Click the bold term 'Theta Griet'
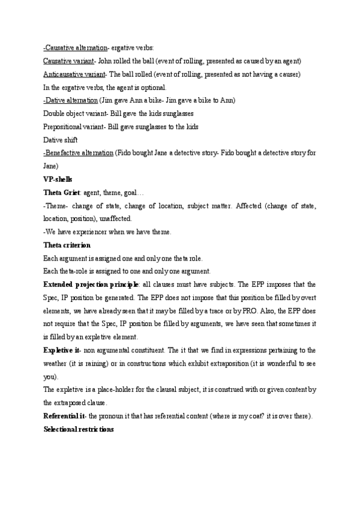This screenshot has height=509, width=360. (x=61, y=193)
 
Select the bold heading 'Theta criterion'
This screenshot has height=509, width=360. (x=67, y=245)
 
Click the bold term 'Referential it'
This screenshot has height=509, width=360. (x=65, y=416)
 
